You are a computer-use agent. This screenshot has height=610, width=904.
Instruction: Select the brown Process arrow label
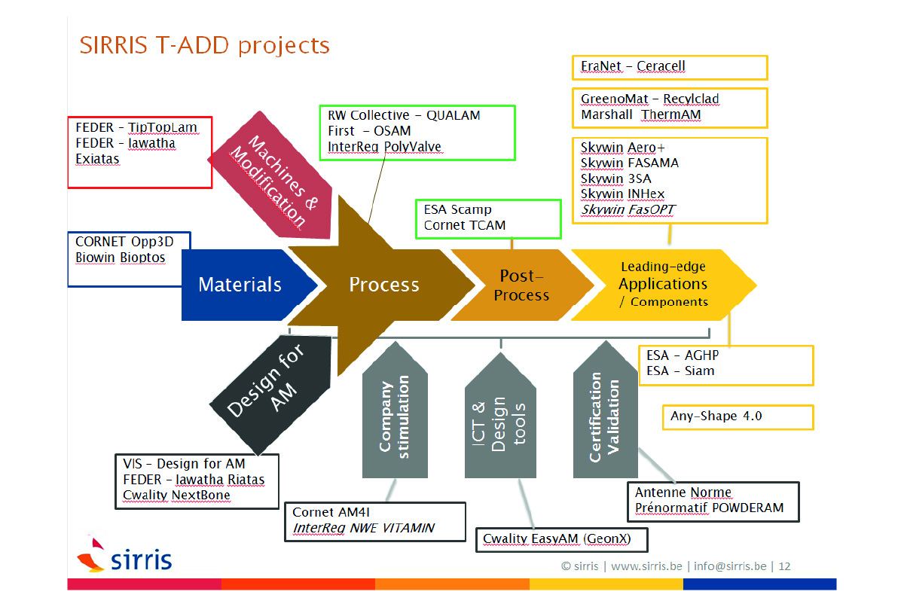(383, 285)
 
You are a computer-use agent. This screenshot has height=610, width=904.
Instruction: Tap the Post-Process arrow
(521, 285)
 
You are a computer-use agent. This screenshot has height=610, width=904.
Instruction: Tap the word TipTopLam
(162, 127)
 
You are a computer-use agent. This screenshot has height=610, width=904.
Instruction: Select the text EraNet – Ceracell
(633, 66)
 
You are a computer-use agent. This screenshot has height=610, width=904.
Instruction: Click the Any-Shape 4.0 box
(737, 416)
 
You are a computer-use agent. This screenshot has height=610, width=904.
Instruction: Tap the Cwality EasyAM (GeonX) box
(561, 539)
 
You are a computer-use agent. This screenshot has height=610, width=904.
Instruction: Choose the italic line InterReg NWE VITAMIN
(363, 528)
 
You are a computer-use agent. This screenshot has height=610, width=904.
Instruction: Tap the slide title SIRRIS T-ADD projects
(204, 45)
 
